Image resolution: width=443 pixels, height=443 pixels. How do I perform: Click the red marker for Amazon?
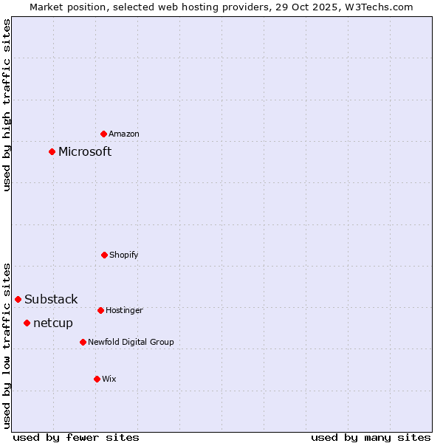pos(104,134)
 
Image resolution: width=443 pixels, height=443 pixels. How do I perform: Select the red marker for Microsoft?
pos(52,151)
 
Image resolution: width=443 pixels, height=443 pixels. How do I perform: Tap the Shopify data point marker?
pos(104,255)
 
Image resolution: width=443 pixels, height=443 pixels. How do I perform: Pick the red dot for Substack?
pos(18,299)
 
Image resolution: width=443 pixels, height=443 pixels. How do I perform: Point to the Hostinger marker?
pos(100,310)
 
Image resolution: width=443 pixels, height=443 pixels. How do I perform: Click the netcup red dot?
pos(27,323)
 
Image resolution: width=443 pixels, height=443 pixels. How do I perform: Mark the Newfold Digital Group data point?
pos(83,342)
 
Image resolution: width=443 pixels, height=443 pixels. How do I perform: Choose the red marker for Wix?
pos(97,379)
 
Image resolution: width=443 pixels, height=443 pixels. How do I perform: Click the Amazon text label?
pos(124,134)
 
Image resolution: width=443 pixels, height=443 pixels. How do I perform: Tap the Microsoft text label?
pos(85,151)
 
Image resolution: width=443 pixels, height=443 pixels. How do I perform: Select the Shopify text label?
pos(124,255)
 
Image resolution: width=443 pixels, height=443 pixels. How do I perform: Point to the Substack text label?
pos(51,299)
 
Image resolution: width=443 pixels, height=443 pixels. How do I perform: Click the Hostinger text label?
pos(124,310)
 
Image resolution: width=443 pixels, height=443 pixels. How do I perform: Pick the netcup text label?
pos(53,323)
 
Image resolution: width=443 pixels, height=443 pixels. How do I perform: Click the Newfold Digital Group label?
pos(131,342)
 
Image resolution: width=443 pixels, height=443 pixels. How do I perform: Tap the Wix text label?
pos(109,379)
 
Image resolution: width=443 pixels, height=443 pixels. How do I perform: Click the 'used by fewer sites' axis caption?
pos(76,437)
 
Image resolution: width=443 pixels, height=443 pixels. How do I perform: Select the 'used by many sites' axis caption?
pos(371,437)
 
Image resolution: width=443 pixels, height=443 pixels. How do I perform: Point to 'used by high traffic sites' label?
pos(7,105)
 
